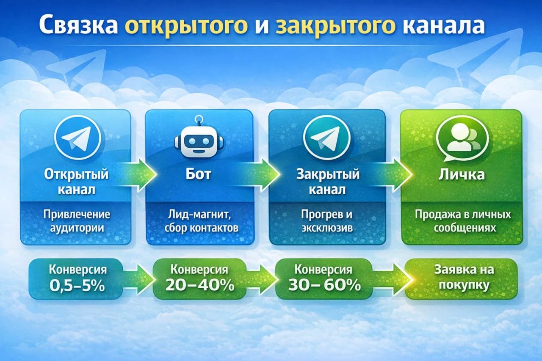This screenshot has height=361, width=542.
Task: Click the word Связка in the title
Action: [79, 25]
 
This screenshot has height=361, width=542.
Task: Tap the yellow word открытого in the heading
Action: [186, 27]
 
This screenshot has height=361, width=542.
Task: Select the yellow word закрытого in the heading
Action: [335, 27]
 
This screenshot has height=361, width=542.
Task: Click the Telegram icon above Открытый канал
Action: [77, 138]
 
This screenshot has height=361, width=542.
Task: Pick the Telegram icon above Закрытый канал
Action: [327, 138]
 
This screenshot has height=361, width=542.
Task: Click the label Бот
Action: [199, 174]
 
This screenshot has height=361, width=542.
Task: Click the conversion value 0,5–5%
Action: [77, 286]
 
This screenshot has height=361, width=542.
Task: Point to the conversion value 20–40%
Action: [200, 285]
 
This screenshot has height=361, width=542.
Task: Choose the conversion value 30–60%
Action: [324, 285]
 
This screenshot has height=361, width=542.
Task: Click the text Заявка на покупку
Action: [464, 277]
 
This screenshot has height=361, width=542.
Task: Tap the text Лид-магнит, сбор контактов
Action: [201, 221]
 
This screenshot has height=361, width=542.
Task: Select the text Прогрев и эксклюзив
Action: [327, 221]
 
